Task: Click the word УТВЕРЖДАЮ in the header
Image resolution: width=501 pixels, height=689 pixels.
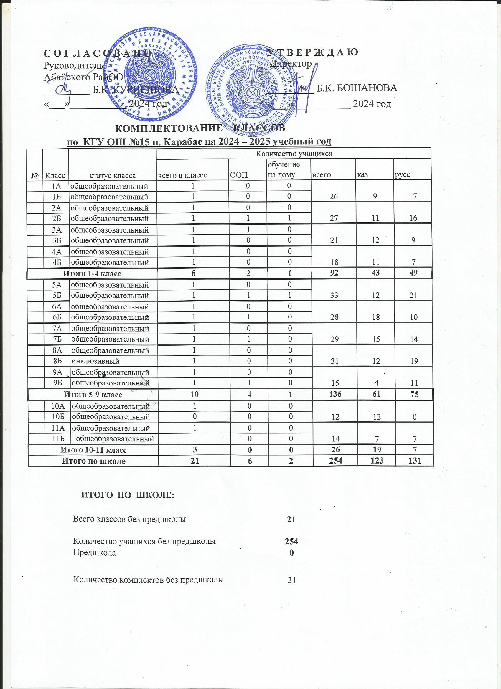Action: [313, 52]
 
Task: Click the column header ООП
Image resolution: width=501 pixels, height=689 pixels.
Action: [239, 175]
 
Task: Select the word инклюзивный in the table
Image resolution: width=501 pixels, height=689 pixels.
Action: [95, 361]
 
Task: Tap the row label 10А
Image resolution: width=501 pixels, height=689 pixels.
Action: [57, 406]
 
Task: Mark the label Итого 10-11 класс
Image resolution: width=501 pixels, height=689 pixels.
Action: [94, 450]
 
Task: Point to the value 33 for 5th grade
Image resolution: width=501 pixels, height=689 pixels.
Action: [334, 295]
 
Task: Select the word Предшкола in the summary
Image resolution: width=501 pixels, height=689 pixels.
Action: [95, 552]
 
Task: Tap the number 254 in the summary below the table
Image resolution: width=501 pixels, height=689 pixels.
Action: [291, 541]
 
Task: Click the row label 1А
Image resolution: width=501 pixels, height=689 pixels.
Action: [57, 186]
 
